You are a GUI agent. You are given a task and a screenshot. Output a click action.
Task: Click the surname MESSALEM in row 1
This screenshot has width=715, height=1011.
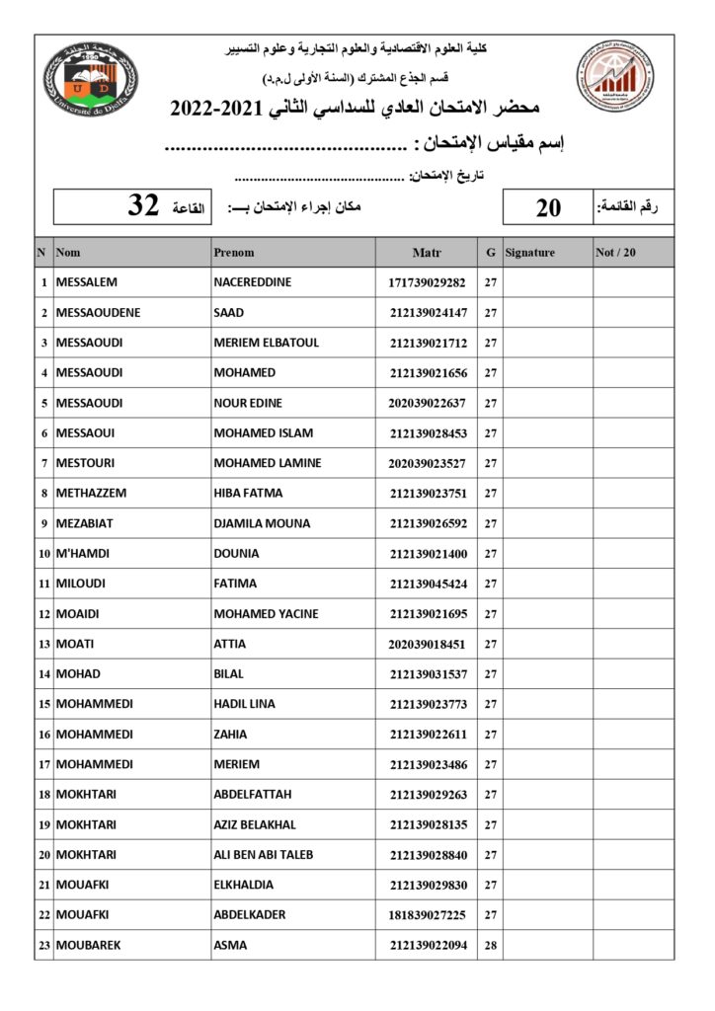pos(87,282)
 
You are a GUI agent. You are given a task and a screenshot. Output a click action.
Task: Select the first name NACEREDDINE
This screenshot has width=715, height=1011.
pos(253,282)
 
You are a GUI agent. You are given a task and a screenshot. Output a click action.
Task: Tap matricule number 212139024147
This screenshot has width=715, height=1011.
pos(428,313)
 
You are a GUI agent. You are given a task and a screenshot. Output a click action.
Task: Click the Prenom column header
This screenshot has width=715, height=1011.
pos(234,253)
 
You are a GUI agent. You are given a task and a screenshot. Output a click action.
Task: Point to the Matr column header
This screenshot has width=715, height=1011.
pos(427,253)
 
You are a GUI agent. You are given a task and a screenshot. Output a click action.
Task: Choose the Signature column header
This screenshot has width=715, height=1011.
pos(530,253)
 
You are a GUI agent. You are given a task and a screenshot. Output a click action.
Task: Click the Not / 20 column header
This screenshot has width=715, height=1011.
pos(616,253)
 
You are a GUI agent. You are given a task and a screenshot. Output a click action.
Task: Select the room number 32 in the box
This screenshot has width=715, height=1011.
pos(144,206)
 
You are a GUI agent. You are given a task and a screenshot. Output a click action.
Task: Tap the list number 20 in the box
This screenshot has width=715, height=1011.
pos(548,207)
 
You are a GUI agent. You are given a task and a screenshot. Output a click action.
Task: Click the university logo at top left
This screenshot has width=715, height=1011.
pos(91,81)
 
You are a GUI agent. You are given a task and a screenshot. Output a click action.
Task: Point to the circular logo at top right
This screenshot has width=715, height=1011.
pos(616,81)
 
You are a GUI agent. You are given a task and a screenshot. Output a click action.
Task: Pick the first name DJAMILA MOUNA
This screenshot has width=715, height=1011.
pos(262,523)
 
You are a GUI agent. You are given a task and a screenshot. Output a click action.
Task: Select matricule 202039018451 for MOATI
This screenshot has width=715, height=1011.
pos(428,644)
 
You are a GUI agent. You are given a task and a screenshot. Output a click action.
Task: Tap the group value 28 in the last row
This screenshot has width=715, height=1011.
pos(490,945)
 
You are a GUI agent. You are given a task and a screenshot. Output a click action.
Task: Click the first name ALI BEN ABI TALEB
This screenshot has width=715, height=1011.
pos(264,855)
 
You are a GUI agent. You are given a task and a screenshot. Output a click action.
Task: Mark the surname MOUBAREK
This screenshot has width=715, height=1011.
pos(89,945)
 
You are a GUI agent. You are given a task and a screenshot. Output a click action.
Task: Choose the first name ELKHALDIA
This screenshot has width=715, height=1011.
pos(244,885)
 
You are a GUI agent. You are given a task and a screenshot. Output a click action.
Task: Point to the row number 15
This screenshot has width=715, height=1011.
pos(44,704)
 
